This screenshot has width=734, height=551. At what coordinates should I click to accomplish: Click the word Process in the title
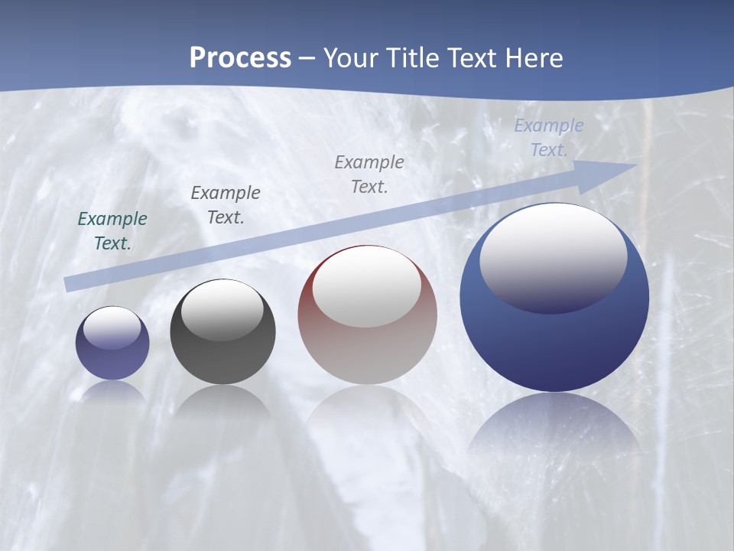(x=240, y=58)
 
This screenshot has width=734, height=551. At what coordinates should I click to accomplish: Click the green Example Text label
(x=112, y=231)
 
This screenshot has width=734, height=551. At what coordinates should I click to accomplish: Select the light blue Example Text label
(x=548, y=138)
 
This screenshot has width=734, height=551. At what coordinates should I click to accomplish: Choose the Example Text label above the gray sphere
(x=226, y=205)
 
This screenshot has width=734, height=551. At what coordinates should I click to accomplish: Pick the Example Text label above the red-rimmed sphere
(x=369, y=174)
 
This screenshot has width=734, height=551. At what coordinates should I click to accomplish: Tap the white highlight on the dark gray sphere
(x=222, y=309)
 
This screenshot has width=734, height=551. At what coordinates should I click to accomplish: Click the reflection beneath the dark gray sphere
(x=222, y=402)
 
